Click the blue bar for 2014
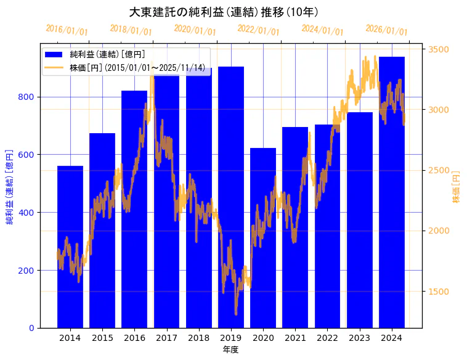click(70, 247)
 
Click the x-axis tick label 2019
click(231, 338)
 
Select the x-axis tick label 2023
click(360, 338)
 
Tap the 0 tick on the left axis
click(31, 328)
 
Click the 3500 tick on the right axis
click(439, 49)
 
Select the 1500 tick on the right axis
click(439, 292)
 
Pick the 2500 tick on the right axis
click(439, 170)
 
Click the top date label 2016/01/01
click(67, 30)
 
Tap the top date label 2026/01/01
click(386, 30)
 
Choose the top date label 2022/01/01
click(258, 30)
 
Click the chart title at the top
click(224, 12)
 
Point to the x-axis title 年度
click(230, 350)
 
